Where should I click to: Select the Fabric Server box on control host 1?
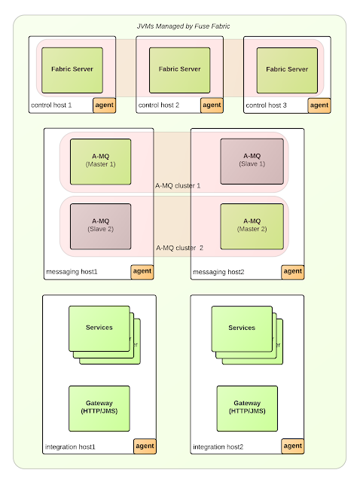tap(72, 69)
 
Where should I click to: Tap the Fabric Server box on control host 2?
tap(179, 69)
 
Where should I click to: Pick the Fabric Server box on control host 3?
tap(287, 69)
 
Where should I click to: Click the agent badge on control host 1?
tap(105, 105)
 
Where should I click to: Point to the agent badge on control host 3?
tap(319, 105)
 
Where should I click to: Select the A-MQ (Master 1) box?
tap(100, 160)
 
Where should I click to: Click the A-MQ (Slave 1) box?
tap(252, 160)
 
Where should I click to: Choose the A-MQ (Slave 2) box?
tap(100, 225)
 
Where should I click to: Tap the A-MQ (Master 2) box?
tap(252, 225)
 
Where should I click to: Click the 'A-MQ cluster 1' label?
tap(178, 185)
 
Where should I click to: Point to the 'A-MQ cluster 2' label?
tap(180, 247)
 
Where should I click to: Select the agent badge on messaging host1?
tap(142, 271)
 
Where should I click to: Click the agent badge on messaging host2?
tap(292, 271)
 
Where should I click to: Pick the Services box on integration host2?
tap(241, 328)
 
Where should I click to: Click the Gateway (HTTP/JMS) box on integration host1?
tap(99, 407)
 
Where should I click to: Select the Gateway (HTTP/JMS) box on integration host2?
tap(247, 407)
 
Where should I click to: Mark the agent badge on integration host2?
tap(292, 446)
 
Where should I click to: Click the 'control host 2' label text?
tap(158, 105)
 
